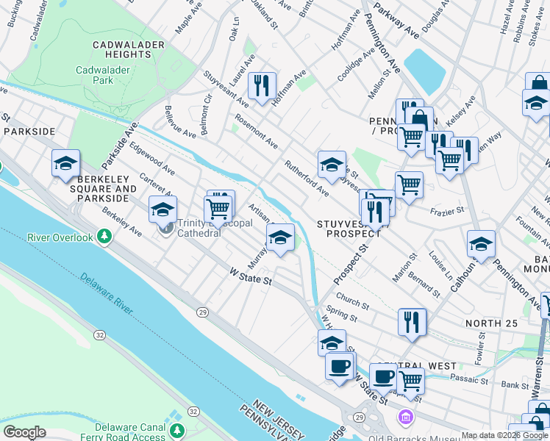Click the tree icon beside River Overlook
105,237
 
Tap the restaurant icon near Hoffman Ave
262,87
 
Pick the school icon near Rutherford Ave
332,165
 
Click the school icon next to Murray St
280,238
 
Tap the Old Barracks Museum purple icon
404,417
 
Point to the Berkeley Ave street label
121,221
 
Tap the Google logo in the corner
24,431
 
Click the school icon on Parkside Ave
65,164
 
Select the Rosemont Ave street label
256,130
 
